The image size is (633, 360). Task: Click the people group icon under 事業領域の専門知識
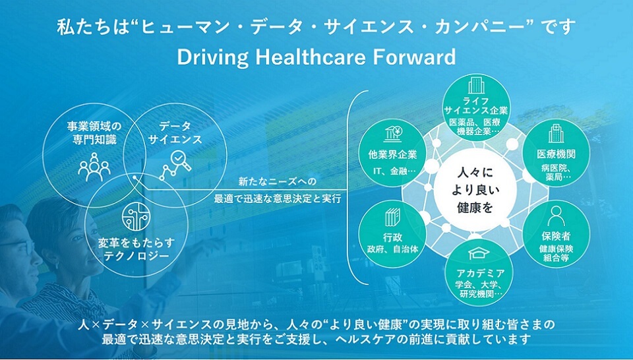click(94, 166)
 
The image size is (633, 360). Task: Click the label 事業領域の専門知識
click(94, 133)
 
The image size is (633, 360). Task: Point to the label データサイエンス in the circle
click(175, 133)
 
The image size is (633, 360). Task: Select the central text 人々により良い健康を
click(475, 190)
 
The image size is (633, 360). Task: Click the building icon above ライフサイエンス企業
click(476, 85)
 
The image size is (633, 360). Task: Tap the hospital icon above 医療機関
click(556, 134)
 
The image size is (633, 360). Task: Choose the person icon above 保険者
click(556, 216)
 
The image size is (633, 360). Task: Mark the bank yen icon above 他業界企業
click(392, 134)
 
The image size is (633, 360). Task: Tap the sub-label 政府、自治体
click(392, 249)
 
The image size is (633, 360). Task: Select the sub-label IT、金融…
click(392, 171)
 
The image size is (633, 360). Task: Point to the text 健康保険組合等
click(557, 253)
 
